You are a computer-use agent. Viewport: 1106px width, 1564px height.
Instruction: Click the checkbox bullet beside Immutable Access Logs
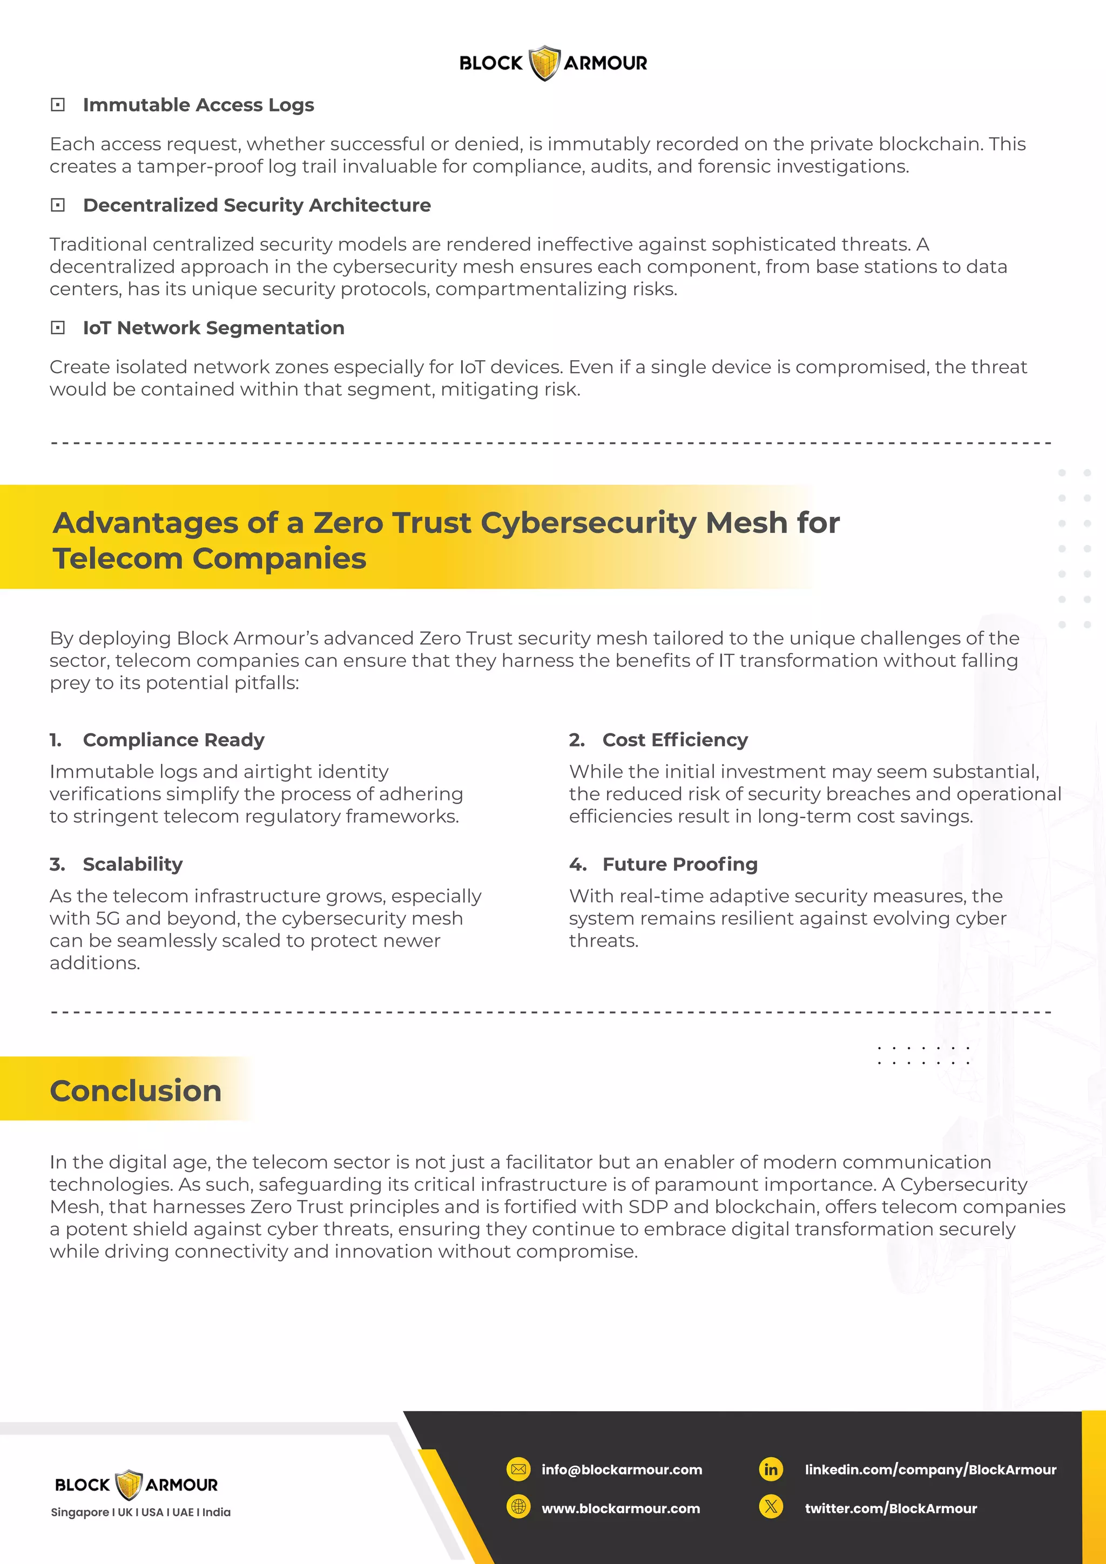coord(58,105)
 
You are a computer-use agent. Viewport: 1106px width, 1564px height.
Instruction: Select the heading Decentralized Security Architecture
coord(257,205)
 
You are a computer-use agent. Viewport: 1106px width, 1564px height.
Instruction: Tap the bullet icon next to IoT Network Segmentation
coord(58,328)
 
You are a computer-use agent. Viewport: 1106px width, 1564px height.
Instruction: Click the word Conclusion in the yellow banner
coord(136,1090)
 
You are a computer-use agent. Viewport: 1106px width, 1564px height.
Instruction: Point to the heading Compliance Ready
coord(174,740)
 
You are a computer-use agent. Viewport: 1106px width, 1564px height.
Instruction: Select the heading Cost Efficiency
coord(675,740)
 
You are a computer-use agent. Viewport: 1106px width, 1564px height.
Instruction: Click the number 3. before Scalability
coord(57,865)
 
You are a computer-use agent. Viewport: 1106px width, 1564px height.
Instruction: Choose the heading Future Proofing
coord(680,865)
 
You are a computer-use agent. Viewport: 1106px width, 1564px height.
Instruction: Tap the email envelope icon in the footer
coord(518,1469)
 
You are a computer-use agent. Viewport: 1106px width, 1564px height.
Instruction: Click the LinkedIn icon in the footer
coord(771,1469)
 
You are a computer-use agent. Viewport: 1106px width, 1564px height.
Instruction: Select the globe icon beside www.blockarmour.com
coord(518,1508)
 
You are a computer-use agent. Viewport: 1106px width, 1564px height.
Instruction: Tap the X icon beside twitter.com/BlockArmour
coord(771,1508)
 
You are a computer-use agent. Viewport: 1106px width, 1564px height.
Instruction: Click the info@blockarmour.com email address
coord(622,1469)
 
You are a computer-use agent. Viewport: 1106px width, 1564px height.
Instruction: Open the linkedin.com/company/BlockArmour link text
coord(930,1469)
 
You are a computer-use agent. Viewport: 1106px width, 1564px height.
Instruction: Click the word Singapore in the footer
coord(80,1512)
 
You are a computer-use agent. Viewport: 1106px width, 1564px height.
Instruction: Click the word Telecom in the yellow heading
coord(118,558)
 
